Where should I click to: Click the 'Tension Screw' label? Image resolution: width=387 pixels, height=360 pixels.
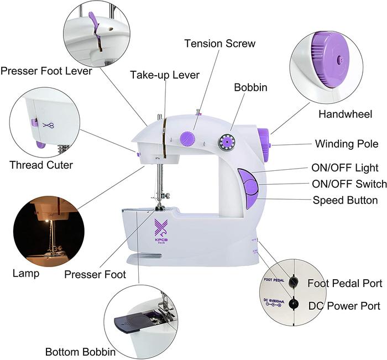tap(220, 43)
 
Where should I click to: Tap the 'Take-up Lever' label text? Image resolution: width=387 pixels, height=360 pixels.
tap(164, 75)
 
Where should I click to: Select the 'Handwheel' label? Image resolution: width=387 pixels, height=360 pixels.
tap(345, 114)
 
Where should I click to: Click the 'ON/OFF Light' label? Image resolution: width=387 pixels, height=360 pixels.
tap(345, 168)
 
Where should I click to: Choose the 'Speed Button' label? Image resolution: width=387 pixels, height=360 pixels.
tap(345, 200)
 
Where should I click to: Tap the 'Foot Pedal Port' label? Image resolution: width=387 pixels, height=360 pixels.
tap(344, 283)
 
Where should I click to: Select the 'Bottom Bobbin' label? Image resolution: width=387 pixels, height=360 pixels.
tap(80, 352)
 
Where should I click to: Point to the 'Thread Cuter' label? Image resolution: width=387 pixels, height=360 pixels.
tap(41, 165)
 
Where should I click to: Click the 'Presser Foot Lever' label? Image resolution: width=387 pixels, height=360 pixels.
tap(46, 71)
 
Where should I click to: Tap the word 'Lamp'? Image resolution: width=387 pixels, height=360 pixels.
tap(25, 273)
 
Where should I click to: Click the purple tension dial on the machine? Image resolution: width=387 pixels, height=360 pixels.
tap(187, 138)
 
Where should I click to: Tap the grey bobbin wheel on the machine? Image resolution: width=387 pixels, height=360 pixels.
tap(225, 142)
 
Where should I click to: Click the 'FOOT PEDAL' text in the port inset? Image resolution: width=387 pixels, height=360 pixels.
tap(274, 280)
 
